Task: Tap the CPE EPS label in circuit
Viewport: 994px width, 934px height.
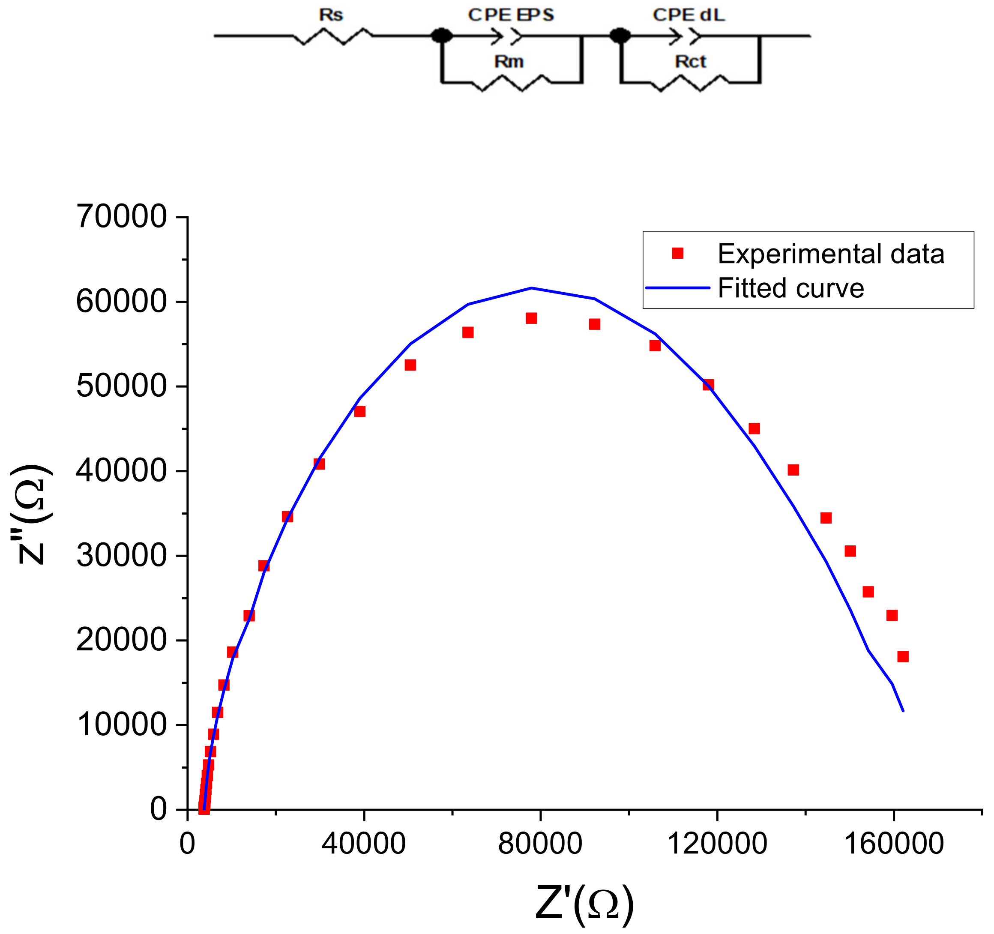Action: (x=511, y=15)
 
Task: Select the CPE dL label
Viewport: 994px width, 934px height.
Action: (x=689, y=15)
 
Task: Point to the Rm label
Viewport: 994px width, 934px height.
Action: (x=509, y=62)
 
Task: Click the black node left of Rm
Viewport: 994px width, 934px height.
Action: (x=441, y=36)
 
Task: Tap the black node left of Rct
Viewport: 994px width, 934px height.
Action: (x=620, y=36)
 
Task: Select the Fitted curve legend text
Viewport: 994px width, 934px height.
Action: (x=790, y=288)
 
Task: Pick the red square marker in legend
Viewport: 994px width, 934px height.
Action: (x=677, y=253)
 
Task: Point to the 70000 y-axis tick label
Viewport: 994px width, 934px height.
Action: (x=121, y=216)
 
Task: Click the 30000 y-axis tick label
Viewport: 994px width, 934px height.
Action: (x=121, y=556)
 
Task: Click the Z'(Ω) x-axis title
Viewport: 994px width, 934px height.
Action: (x=584, y=904)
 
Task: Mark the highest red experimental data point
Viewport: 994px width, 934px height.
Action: (x=531, y=318)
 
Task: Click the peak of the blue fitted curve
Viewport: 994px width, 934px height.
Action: (x=531, y=288)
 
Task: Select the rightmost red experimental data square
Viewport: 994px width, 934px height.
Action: (x=902, y=656)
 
